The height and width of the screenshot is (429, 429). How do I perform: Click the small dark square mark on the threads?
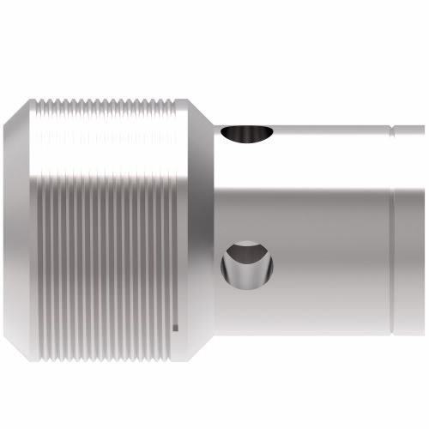tap(175, 327)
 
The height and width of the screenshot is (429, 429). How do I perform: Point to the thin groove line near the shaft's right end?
tap(394, 232)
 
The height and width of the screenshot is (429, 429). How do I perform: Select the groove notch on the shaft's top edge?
tap(392, 130)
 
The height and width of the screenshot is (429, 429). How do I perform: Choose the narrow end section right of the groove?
tap(410, 232)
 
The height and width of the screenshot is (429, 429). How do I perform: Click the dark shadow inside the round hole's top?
tap(247, 251)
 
